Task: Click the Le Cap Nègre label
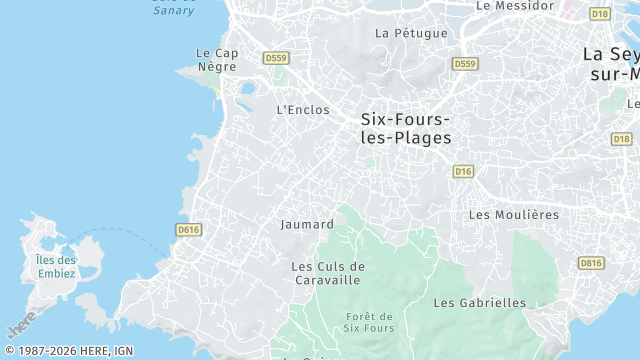[216, 60]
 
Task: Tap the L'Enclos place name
[302, 110]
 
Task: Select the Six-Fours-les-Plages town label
[406, 128]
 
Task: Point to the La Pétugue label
[411, 33]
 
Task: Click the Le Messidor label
[514, 5]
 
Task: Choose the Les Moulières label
[513, 215]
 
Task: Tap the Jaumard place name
[307, 225]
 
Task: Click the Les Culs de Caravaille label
[328, 273]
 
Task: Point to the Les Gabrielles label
[479, 302]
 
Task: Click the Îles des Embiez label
[49, 267]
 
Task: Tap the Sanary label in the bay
[174, 9]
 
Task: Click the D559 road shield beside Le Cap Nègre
[275, 59]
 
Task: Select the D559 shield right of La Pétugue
[464, 64]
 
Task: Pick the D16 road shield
[462, 172]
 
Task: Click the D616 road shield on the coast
[188, 230]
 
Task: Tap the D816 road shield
[591, 263]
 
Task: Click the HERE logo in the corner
[21, 324]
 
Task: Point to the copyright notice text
[67, 351]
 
